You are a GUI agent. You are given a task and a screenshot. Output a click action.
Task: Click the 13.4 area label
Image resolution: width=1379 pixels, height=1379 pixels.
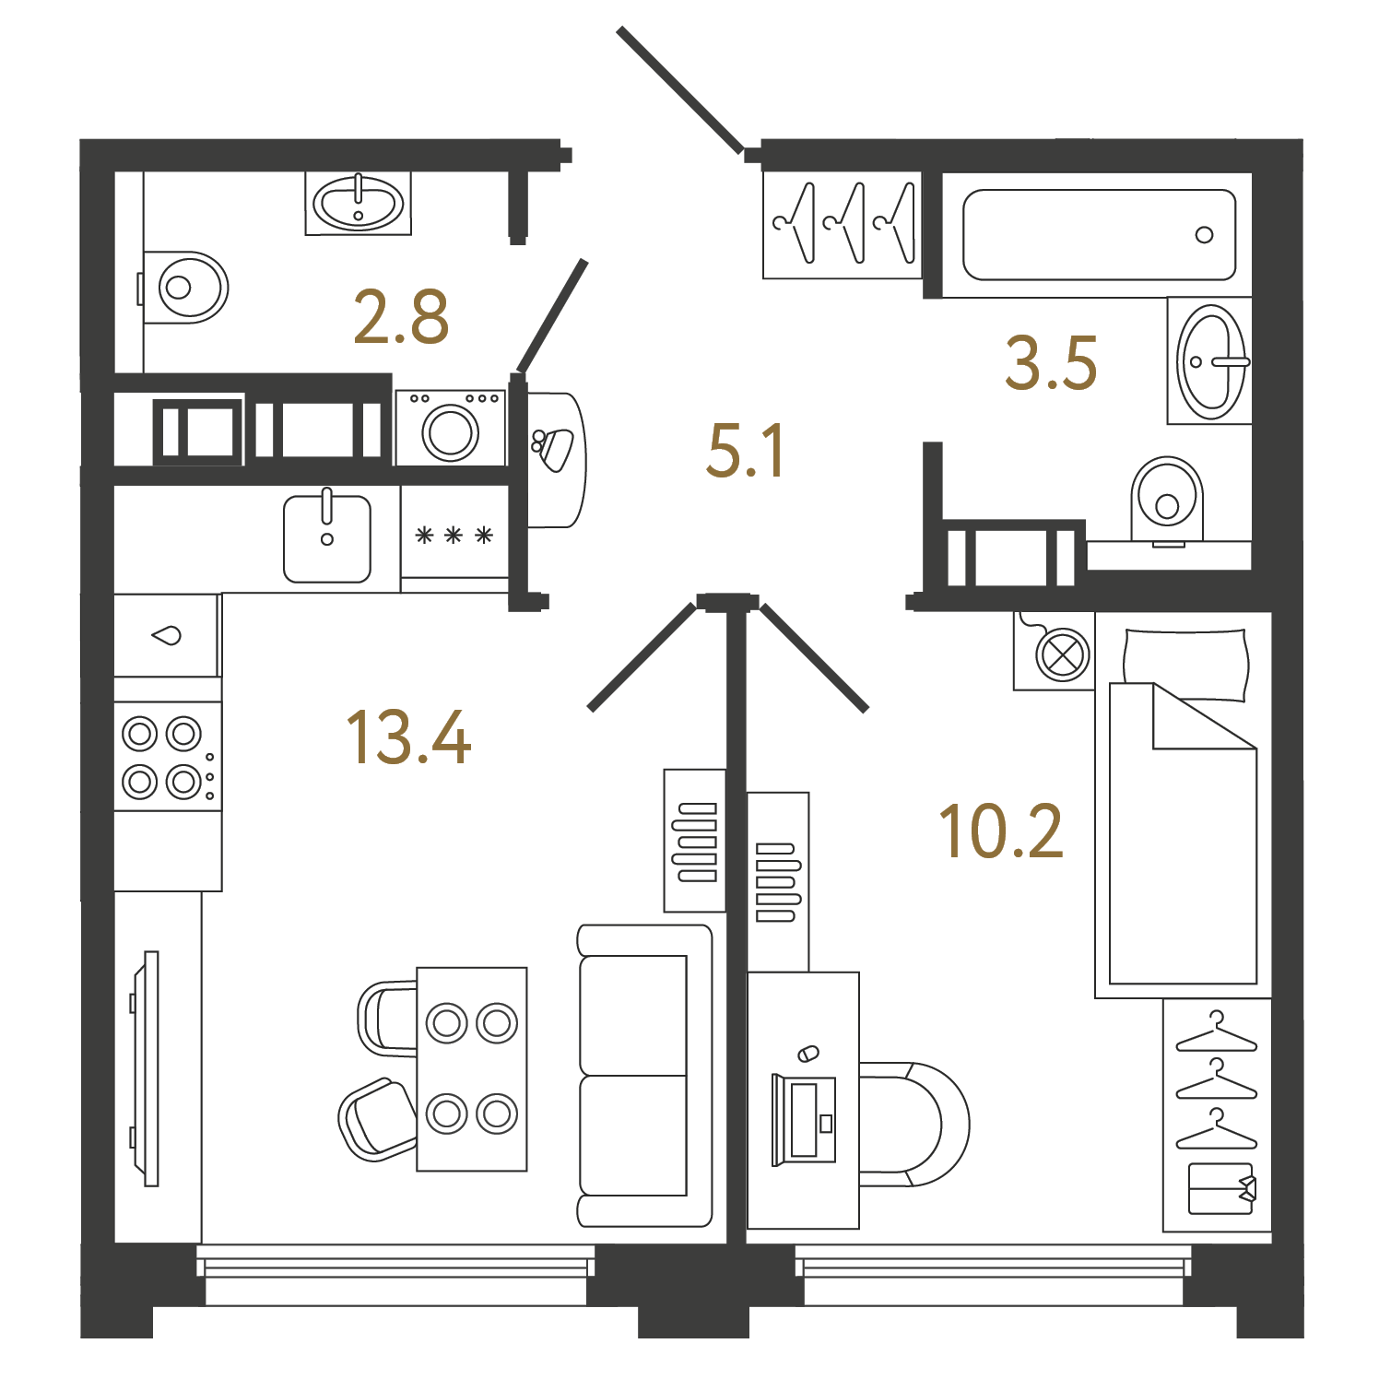(x=408, y=737)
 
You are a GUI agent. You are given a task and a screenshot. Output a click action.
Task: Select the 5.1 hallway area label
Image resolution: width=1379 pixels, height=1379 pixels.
(x=745, y=451)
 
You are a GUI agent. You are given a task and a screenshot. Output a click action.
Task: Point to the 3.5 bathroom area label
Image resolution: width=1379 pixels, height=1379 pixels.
(x=1051, y=363)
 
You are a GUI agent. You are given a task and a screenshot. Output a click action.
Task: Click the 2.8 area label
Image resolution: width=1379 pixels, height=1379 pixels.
(x=401, y=317)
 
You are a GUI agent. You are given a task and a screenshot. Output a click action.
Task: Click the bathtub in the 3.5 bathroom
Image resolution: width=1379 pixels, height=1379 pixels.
(x=1099, y=235)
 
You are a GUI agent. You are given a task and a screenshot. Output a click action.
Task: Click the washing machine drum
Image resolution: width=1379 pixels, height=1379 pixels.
(x=451, y=431)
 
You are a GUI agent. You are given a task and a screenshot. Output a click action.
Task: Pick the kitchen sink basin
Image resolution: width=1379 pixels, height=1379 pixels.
(x=327, y=539)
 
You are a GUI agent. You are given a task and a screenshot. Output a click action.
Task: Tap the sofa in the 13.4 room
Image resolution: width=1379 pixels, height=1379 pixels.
(x=644, y=1076)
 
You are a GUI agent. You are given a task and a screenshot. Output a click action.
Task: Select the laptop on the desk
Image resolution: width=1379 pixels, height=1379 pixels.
(x=804, y=1119)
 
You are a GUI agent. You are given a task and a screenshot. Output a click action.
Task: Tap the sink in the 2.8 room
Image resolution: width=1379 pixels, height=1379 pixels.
(x=359, y=204)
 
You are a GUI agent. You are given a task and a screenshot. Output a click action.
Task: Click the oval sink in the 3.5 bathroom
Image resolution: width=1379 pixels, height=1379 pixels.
(x=1211, y=361)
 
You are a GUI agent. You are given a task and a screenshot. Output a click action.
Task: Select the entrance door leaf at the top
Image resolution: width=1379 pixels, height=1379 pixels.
(x=679, y=89)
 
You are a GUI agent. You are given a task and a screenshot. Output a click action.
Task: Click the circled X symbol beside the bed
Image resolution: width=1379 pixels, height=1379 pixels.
(x=1063, y=655)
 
